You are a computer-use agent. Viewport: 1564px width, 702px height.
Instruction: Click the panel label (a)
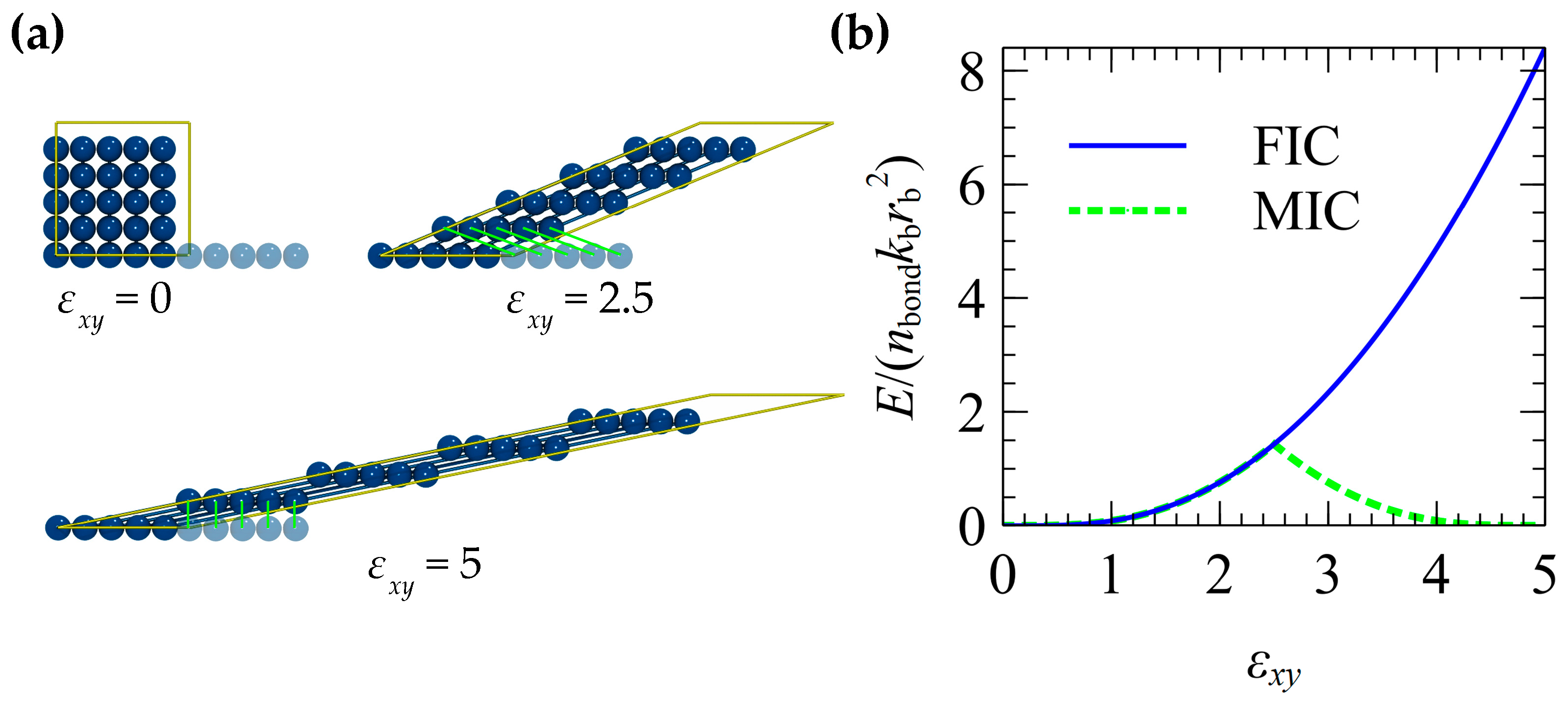click(38, 35)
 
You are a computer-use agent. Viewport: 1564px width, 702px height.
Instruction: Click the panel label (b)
click(859, 35)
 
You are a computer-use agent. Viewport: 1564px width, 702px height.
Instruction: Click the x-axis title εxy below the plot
click(1273, 667)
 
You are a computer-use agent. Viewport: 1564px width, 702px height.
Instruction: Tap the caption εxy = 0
click(114, 303)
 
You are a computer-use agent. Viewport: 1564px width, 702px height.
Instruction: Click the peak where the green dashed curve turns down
click(1274, 445)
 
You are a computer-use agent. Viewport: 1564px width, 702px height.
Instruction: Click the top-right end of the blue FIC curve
click(1542, 51)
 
